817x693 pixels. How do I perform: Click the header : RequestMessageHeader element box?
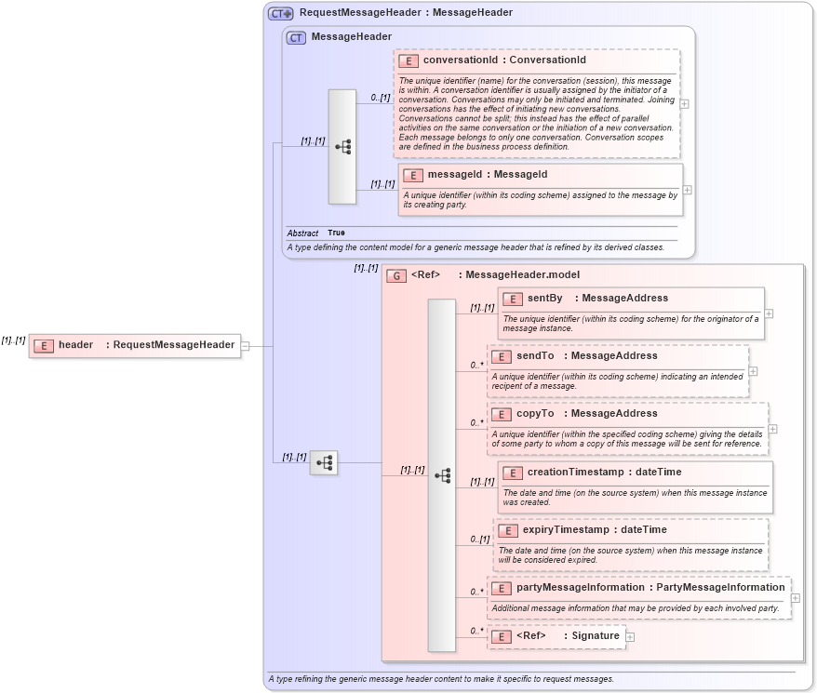pyautogui.click(x=135, y=345)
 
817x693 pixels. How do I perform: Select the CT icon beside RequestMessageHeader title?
pyautogui.click(x=280, y=14)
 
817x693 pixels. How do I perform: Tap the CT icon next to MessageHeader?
pyautogui.click(x=296, y=37)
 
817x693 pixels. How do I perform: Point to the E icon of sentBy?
pyautogui.click(x=512, y=299)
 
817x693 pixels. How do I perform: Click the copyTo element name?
pyautogui.click(x=535, y=414)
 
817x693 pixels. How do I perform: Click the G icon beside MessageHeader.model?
pyautogui.click(x=396, y=275)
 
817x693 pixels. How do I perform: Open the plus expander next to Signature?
pyautogui.click(x=630, y=637)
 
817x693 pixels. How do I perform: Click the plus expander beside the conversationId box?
pyautogui.click(x=685, y=104)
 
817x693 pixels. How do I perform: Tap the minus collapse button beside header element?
pyautogui.click(x=246, y=346)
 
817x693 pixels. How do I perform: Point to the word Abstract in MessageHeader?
pyautogui.click(x=302, y=233)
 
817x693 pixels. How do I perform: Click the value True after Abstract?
pyautogui.click(x=336, y=233)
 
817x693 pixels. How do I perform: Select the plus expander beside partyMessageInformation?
pyautogui.click(x=796, y=598)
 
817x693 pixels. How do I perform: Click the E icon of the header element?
pyautogui.click(x=43, y=346)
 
